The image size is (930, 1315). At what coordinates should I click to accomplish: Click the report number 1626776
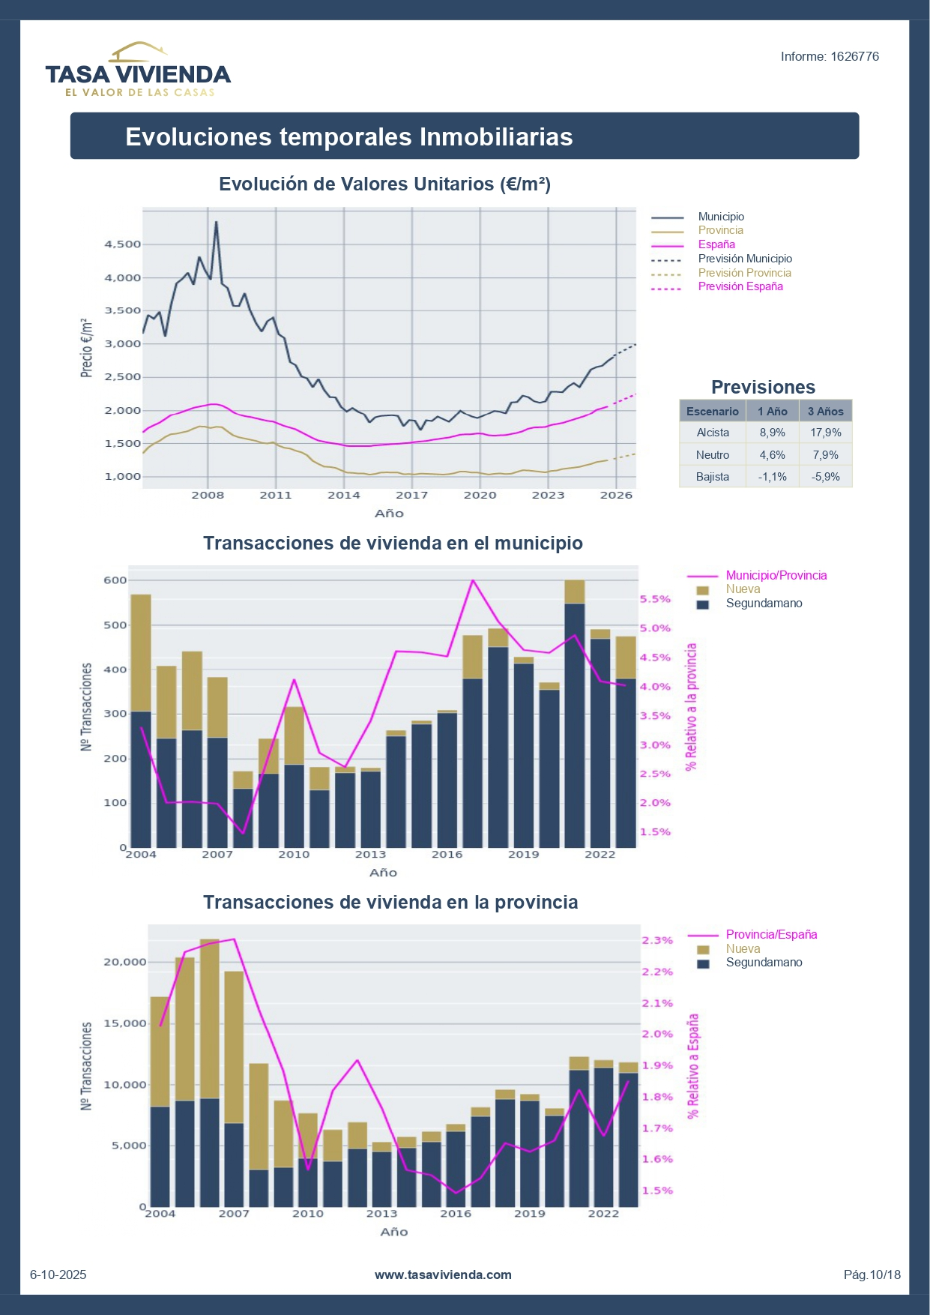pyautogui.click(x=829, y=57)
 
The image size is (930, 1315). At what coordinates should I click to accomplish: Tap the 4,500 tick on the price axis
pyautogui.click(x=123, y=244)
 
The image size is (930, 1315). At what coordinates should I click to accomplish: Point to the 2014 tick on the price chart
pyautogui.click(x=343, y=496)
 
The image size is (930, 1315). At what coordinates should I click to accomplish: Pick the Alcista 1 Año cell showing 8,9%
pyautogui.click(x=772, y=433)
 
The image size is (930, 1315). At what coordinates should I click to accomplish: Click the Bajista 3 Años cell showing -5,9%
pyautogui.click(x=825, y=477)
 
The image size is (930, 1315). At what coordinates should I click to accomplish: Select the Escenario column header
pyautogui.click(x=712, y=412)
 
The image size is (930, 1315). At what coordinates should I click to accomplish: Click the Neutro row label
pyautogui.click(x=712, y=455)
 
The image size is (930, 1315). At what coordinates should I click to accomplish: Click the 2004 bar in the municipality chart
pyautogui.click(x=141, y=720)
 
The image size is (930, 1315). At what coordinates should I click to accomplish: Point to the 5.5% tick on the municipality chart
pyautogui.click(x=655, y=600)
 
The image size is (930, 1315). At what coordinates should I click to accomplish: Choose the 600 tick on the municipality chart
pyautogui.click(x=115, y=580)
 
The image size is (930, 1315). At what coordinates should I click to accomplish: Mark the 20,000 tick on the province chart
pyautogui.click(x=125, y=963)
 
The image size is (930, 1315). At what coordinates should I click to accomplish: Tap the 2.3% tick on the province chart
pyautogui.click(x=657, y=941)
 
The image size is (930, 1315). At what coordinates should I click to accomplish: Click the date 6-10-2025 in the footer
pyautogui.click(x=58, y=1275)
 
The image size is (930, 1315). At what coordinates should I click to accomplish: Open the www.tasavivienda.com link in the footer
pyautogui.click(x=443, y=1275)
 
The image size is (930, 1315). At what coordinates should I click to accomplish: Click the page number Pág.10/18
pyautogui.click(x=872, y=1275)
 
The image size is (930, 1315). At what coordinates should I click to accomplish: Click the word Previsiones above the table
pyautogui.click(x=763, y=388)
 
